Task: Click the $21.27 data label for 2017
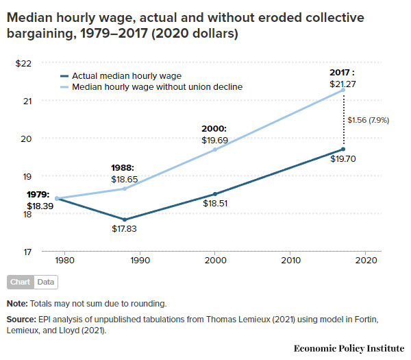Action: click(x=342, y=84)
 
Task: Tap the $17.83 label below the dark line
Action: click(x=124, y=229)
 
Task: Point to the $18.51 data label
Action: click(x=214, y=204)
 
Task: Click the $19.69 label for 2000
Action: click(x=214, y=140)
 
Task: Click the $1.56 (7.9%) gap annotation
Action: click(x=369, y=120)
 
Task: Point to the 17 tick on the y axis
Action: click(x=27, y=252)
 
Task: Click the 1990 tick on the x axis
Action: click(x=140, y=261)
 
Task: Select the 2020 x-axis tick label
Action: click(x=366, y=261)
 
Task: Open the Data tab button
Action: click(x=46, y=282)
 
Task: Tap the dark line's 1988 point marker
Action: click(x=124, y=219)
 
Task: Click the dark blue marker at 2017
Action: click(x=343, y=149)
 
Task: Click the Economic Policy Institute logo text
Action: click(x=349, y=348)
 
